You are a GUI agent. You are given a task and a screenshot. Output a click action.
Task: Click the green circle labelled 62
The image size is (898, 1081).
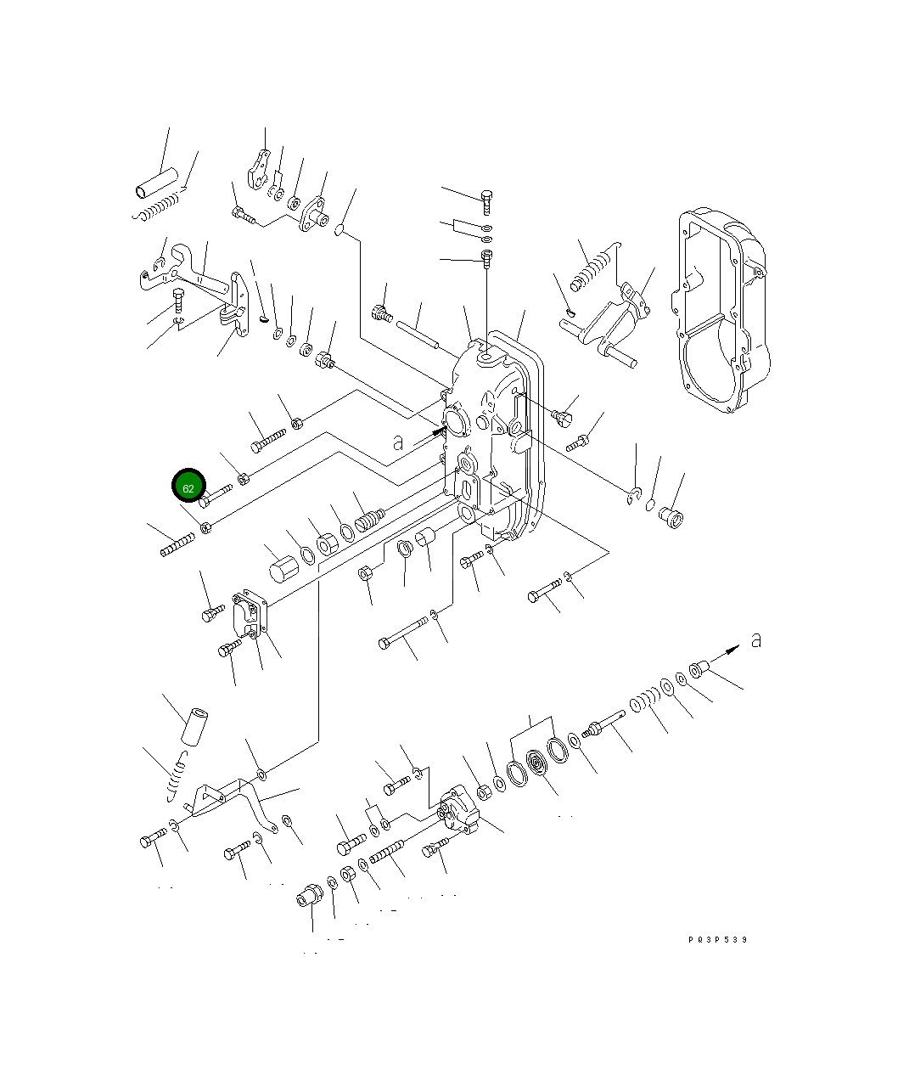point(188,487)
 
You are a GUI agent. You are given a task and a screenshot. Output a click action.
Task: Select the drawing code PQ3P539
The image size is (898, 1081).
point(718,939)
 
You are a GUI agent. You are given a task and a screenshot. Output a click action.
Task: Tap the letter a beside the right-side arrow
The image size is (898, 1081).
point(755,639)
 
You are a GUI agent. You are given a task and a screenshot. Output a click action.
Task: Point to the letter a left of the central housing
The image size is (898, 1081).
point(398,442)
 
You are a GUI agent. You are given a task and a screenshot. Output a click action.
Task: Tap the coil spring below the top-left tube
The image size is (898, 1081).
point(159,206)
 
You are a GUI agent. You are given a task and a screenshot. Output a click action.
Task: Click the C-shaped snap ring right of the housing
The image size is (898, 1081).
point(633,497)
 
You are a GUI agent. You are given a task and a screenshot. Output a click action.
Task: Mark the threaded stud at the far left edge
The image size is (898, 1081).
point(177,544)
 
